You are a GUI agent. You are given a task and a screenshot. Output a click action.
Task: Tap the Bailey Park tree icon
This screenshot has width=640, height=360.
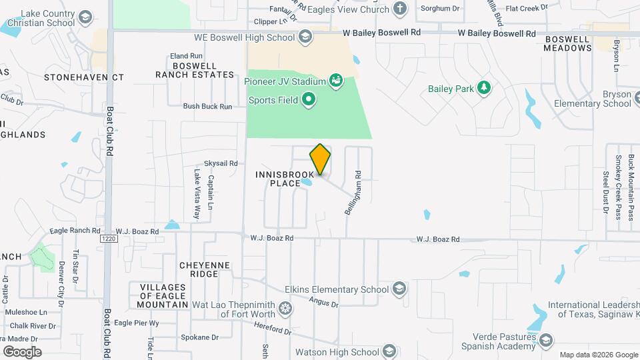pyautogui.click(x=485, y=88)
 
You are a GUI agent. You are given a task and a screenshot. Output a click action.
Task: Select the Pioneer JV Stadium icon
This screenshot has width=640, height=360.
pyautogui.click(x=337, y=82)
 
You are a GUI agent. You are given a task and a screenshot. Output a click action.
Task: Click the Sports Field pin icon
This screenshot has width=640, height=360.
pyautogui.click(x=308, y=101)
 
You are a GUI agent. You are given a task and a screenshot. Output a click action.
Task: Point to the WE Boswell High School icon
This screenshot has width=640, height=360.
pyautogui.click(x=305, y=37)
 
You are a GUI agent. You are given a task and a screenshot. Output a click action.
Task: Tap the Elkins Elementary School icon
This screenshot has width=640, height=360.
pyautogui.click(x=399, y=289)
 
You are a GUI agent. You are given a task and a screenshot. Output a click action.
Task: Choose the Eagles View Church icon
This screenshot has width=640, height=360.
pyautogui.click(x=400, y=9)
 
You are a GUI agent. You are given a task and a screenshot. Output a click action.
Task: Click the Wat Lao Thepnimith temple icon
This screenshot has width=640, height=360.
pyautogui.click(x=285, y=309)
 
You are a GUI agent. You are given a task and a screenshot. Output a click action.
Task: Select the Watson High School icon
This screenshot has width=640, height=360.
pyautogui.click(x=390, y=351)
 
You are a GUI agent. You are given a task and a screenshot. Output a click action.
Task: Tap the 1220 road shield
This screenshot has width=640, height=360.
pyautogui.click(x=109, y=239)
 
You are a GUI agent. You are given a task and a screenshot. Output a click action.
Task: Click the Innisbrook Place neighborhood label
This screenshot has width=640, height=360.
pyautogui.click(x=285, y=179)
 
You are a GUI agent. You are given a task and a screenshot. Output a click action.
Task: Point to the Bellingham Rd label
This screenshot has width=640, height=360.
pyautogui.click(x=353, y=191)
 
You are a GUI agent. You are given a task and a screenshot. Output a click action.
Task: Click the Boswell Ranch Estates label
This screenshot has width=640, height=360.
pyautogui.click(x=195, y=70)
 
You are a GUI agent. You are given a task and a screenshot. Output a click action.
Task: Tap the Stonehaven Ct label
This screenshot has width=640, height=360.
pyautogui.click(x=84, y=77)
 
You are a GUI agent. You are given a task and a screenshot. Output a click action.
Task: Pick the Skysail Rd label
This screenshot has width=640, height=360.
pyautogui.click(x=221, y=163)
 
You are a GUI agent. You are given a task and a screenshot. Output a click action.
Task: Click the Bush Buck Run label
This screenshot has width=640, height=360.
pyautogui.click(x=207, y=106)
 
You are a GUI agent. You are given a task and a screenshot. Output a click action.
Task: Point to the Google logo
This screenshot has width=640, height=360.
pyautogui.click(x=22, y=351)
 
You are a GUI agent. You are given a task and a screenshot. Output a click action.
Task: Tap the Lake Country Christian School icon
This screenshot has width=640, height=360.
pyautogui.click(x=85, y=17)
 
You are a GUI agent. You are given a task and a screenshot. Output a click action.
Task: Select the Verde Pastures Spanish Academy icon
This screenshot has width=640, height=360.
pyautogui.click(x=546, y=341)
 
